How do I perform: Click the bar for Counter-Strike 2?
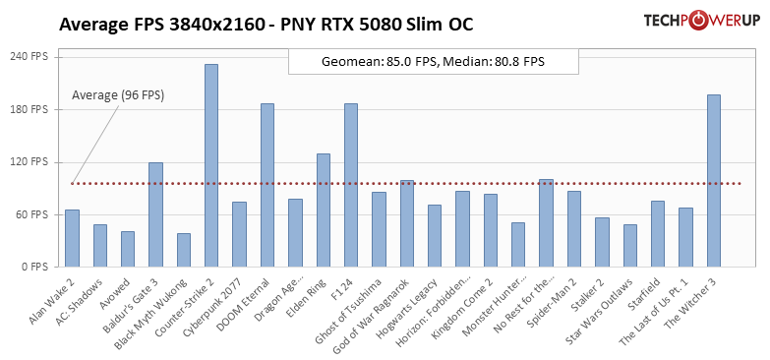coord(211,165)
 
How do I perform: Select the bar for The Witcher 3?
coord(714,181)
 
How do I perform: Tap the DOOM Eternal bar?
coord(267,185)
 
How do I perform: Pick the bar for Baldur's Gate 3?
coord(155,214)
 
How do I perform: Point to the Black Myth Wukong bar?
coord(184,250)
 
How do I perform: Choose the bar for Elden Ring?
coord(324,210)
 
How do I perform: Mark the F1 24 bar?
coord(351,185)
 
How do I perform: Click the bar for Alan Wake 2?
coord(72,238)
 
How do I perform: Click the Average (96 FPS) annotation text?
coord(118,95)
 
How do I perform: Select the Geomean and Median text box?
coord(433,61)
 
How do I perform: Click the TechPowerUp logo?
coord(701,21)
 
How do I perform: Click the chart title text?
coord(266,25)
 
